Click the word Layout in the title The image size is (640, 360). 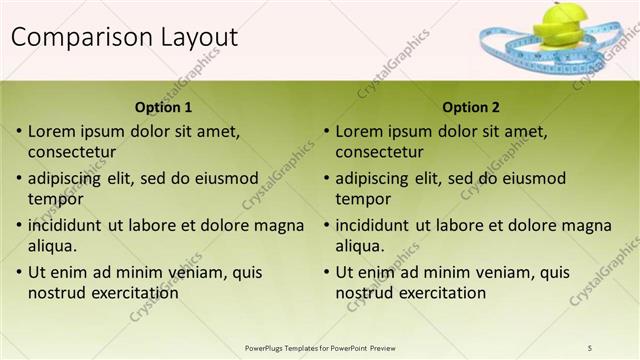pyautogui.click(x=197, y=38)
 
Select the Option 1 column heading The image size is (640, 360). pyautogui.click(x=163, y=107)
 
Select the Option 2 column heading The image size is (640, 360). pyautogui.click(x=471, y=107)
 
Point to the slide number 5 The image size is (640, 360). pyautogui.click(x=590, y=347)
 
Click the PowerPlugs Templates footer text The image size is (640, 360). pyautogui.click(x=320, y=347)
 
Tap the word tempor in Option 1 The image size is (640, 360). pyautogui.click(x=55, y=198)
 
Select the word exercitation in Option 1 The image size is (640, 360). pyautogui.click(x=131, y=293)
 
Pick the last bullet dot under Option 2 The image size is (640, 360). pyautogui.click(x=326, y=272)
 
